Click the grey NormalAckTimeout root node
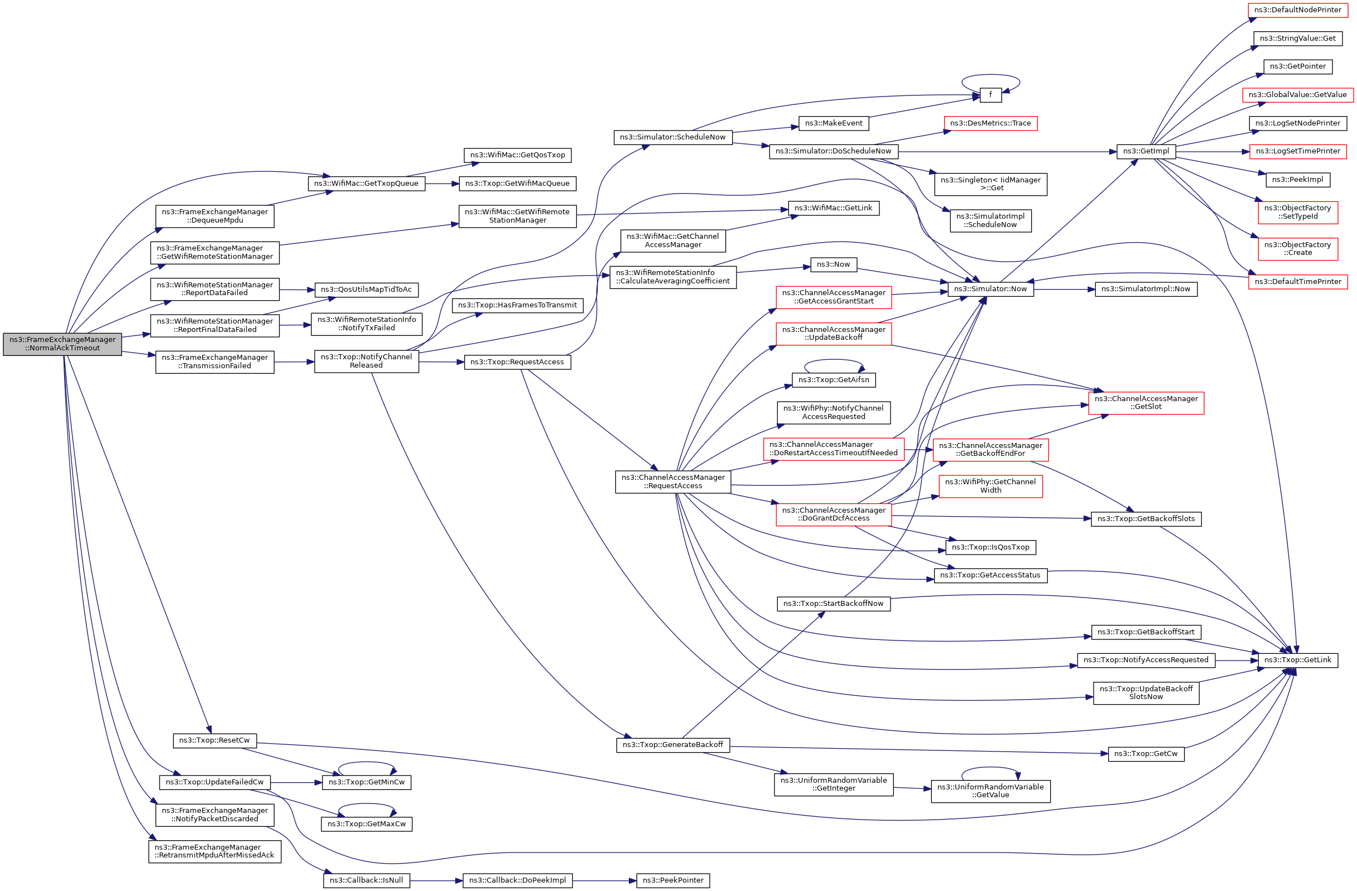[x=62, y=344]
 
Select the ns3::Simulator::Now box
[x=990, y=289]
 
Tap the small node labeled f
[x=990, y=95]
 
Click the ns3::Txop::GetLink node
[x=1298, y=659]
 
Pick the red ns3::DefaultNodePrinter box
[x=1298, y=9]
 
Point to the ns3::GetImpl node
[x=1146, y=151]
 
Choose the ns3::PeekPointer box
[x=673, y=880]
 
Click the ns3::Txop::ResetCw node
[x=214, y=740]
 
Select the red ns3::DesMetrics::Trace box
[x=990, y=123]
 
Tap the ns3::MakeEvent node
[x=834, y=123]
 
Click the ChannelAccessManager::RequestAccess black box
[x=673, y=481]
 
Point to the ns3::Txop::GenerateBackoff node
[x=673, y=744]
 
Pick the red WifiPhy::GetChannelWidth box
[x=990, y=486]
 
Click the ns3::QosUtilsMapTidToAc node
[x=366, y=290]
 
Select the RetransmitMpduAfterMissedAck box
[x=214, y=851]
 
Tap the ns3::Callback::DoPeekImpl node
[x=517, y=880]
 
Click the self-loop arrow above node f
[x=990, y=75]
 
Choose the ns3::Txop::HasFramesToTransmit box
[x=517, y=305]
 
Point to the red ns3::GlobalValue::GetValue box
[x=1298, y=95]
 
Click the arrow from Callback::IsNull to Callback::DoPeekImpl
[x=436, y=881]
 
